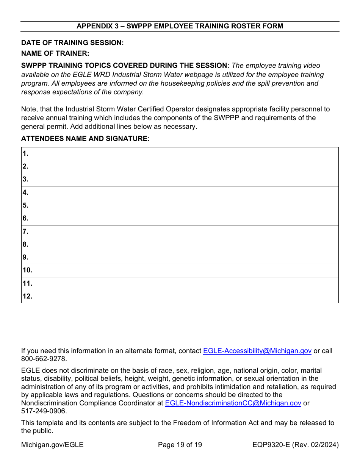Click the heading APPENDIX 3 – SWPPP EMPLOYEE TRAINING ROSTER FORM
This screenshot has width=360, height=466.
coord(180,26)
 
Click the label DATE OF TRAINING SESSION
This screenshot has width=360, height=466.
coord(72,43)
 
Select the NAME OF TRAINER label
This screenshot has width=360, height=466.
coord(55,53)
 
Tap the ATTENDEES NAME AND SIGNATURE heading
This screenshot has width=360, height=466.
coord(85,139)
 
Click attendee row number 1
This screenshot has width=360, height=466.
coord(180,154)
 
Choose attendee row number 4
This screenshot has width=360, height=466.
coord(180,192)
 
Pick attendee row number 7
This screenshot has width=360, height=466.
coord(180,231)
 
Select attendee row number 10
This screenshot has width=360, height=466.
coord(180,271)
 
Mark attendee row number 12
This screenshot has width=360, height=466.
coord(180,296)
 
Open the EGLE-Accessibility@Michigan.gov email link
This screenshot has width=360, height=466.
coord(257,351)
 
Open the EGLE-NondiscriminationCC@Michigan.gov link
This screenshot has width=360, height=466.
coord(233,403)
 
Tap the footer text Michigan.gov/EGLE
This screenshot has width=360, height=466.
coord(52,445)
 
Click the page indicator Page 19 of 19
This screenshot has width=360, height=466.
coord(180,445)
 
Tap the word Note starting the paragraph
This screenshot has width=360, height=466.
coord(28,109)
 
